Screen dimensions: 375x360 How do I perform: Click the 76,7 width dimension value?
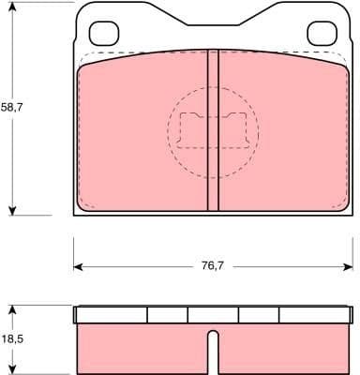[x=213, y=266]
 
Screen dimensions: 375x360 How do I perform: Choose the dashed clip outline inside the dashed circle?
[x=213, y=128]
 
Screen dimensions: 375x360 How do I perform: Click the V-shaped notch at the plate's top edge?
[x=213, y=21]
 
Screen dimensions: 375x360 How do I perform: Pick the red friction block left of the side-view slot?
[x=141, y=349]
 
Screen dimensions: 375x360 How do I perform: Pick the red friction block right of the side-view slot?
[x=281, y=349]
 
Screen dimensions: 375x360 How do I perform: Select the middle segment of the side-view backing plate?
[x=213, y=315]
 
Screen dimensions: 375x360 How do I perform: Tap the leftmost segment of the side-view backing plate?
[x=111, y=315]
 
